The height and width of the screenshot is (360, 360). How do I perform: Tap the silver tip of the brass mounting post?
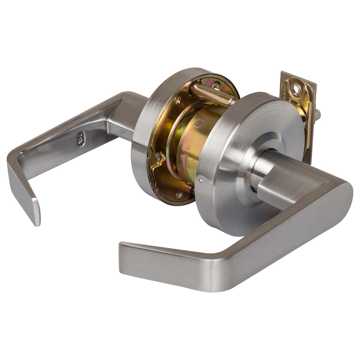tap(232, 102)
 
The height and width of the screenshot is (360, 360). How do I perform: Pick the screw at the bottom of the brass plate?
tap(178, 196)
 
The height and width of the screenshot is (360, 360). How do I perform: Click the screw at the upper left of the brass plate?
tap(177, 100)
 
